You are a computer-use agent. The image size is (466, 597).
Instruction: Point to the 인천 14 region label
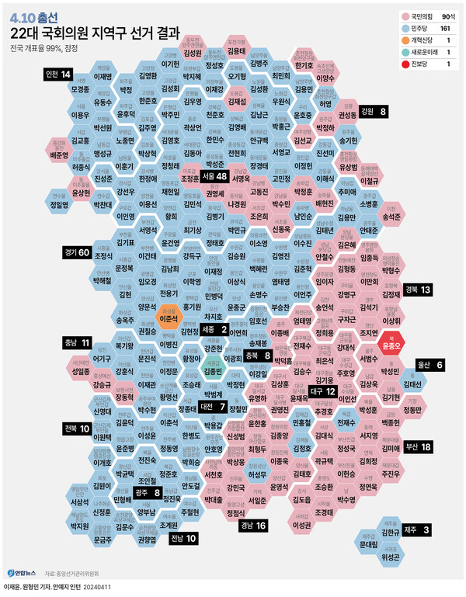[x=59, y=75]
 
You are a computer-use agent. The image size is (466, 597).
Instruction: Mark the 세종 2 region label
[x=214, y=330]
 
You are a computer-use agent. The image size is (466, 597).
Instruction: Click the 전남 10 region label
[x=183, y=537]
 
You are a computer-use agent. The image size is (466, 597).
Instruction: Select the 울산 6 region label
[x=429, y=365]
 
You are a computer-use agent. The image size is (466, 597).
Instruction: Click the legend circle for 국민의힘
[x=405, y=16]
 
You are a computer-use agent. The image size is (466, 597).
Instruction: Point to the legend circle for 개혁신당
[x=405, y=40]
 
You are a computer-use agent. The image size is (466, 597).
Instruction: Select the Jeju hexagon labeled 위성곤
[x=395, y=557]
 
